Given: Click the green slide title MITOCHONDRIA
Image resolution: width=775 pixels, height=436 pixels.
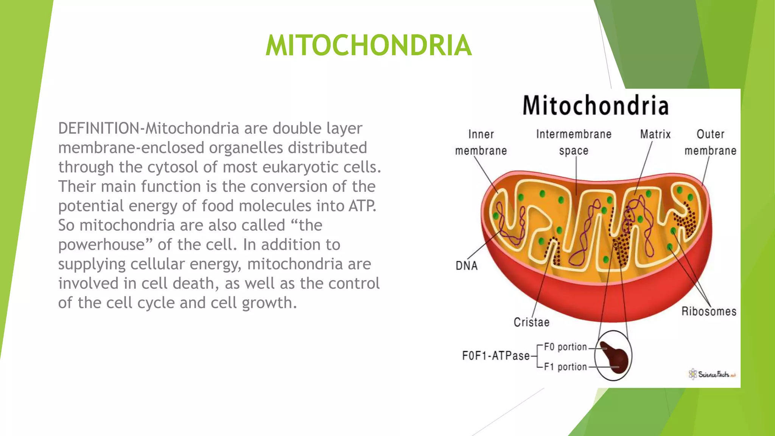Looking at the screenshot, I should [x=368, y=45].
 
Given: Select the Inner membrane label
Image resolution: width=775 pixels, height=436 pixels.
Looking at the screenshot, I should [x=481, y=142].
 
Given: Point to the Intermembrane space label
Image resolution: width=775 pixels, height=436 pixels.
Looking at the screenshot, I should [x=574, y=142].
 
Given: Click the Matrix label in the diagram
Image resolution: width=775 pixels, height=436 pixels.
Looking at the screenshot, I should [x=655, y=134].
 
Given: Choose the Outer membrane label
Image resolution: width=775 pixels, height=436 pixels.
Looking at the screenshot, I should [x=710, y=142].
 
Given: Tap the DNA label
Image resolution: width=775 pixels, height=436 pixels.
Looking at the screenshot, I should [x=467, y=266].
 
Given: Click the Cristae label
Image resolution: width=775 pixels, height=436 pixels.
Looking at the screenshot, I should [x=531, y=322].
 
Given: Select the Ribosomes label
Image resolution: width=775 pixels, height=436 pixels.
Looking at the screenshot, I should [x=709, y=311].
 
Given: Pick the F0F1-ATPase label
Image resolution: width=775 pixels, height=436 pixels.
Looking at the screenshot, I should [x=496, y=356].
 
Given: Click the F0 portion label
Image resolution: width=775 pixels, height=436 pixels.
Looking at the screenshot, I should [x=565, y=347].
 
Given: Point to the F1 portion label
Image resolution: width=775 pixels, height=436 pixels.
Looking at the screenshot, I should [x=565, y=367].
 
